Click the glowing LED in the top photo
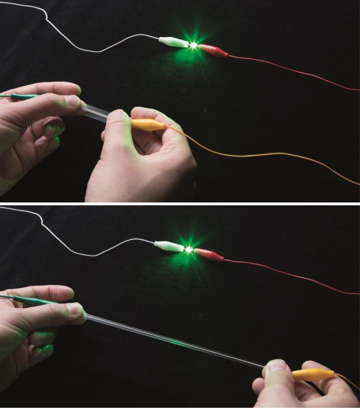(x=193, y=45)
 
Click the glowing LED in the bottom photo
(x=189, y=248)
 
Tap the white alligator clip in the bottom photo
(x=168, y=246)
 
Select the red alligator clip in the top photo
(x=214, y=50)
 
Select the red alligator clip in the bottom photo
(x=209, y=254)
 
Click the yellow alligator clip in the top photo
(x=148, y=124)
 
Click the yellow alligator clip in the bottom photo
(x=313, y=374)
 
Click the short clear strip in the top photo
(x=98, y=111)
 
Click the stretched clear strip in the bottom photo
(x=175, y=340)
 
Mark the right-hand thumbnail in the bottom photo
(x=275, y=366)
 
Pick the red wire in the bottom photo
(x=290, y=274)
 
